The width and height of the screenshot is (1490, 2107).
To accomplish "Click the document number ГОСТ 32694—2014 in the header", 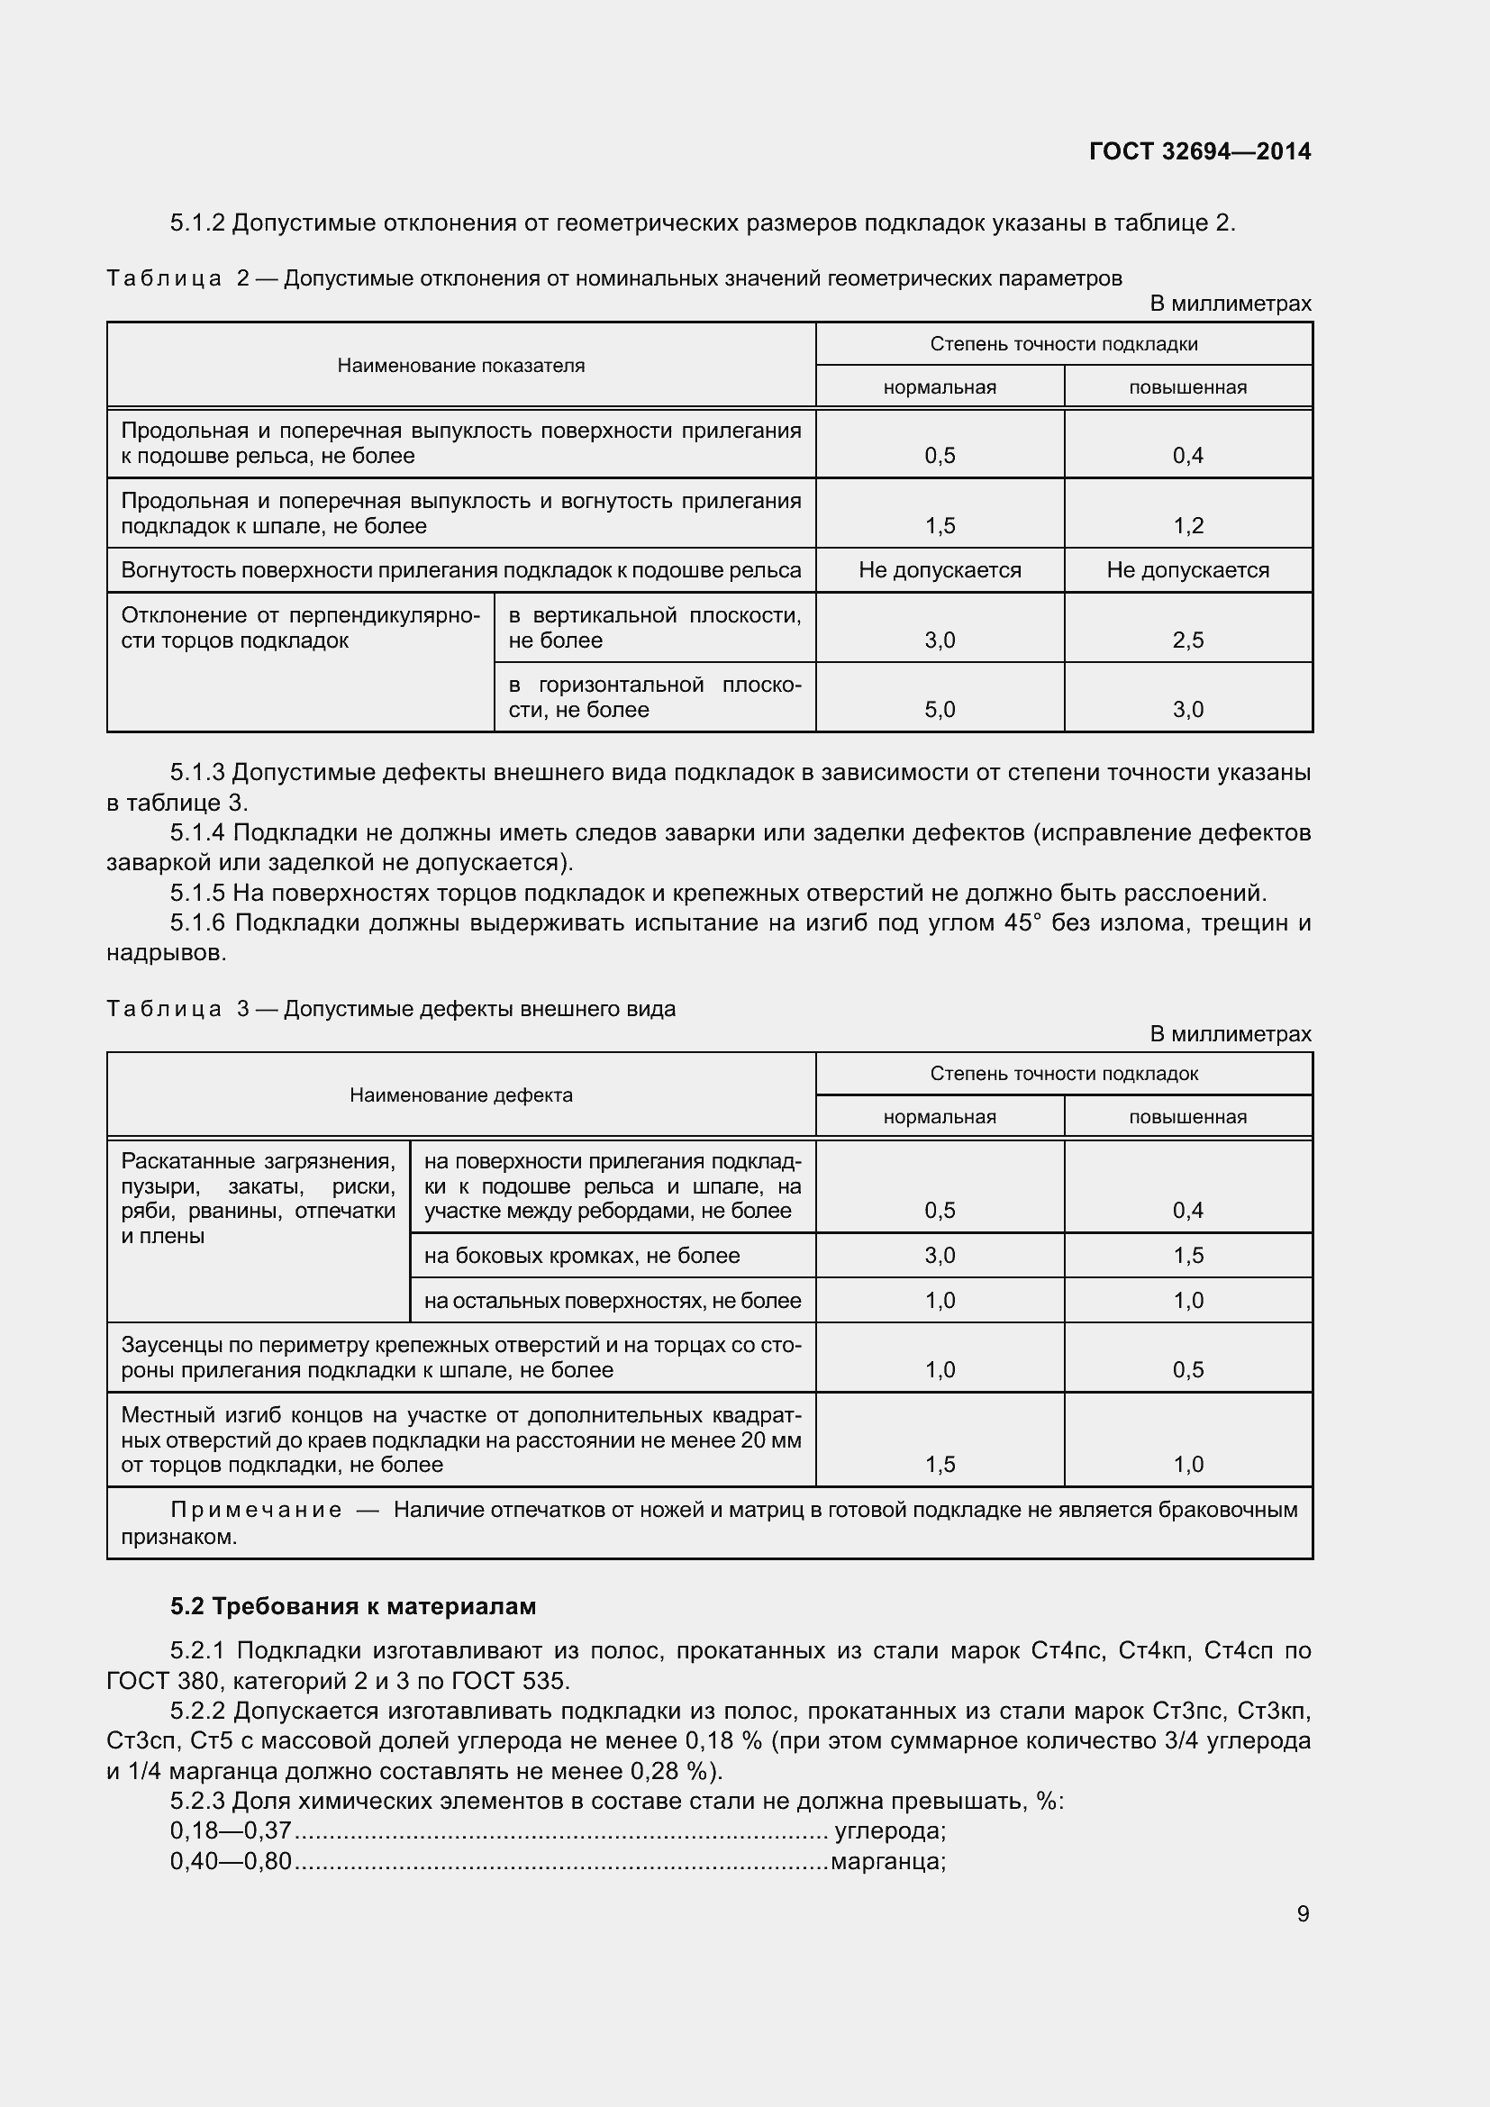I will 1199,151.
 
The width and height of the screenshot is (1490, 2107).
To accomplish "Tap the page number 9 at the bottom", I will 1303,1913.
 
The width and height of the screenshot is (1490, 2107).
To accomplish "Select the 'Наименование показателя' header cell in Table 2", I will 460,365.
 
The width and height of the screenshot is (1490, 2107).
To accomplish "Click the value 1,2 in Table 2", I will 1187,526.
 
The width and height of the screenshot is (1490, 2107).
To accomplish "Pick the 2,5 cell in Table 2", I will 1187,640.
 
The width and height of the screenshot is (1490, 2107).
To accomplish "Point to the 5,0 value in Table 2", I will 940,709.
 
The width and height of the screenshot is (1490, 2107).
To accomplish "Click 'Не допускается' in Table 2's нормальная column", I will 940,570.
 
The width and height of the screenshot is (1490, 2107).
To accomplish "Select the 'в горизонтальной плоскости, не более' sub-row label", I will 654,697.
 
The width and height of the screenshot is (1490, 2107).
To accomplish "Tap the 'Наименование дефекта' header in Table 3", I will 460,1094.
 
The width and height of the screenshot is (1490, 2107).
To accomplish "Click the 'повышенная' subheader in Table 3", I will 1187,1117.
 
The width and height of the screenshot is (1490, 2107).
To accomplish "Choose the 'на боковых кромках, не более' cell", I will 582,1256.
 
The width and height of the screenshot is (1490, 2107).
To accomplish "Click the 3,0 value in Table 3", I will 940,1256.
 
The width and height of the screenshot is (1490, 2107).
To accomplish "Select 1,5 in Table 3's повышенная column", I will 1187,1256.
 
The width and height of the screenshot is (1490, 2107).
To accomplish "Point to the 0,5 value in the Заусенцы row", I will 1187,1370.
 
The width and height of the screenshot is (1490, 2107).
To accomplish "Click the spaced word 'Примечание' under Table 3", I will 256,1510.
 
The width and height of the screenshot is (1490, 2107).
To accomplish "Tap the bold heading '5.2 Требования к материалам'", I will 352,1606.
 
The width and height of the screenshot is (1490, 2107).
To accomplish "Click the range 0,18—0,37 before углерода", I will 231,1830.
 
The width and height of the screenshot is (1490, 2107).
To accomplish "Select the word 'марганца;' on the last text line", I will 887,1861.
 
